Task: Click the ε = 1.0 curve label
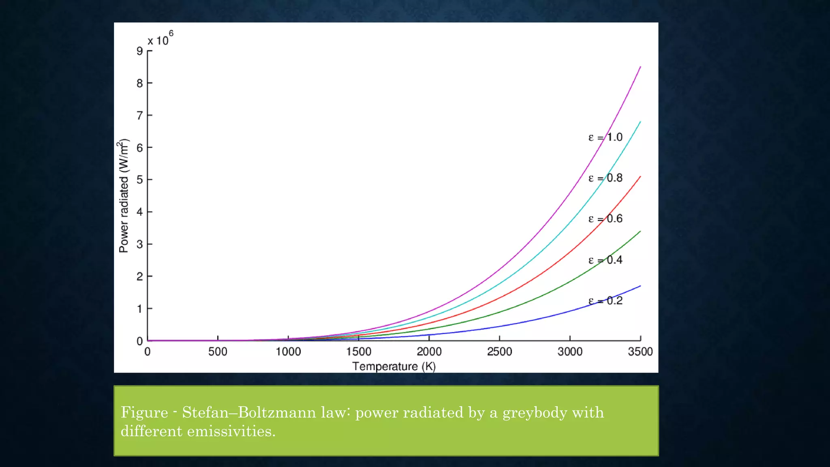(x=605, y=137)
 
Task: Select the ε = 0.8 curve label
(x=605, y=178)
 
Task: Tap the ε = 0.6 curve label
(x=605, y=219)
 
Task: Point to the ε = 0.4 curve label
(x=605, y=260)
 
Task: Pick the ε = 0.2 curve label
(x=605, y=301)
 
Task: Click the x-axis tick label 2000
(x=429, y=351)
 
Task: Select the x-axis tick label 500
(x=218, y=351)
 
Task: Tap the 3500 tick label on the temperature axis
(x=640, y=351)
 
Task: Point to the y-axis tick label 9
(x=140, y=51)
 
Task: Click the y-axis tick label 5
(x=140, y=180)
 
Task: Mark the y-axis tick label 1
(x=140, y=309)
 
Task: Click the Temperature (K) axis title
(x=394, y=366)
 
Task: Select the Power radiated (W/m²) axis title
(x=124, y=196)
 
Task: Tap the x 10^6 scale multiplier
(x=160, y=39)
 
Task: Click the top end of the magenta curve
(x=640, y=67)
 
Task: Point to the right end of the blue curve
(x=640, y=286)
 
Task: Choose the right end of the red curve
(x=640, y=177)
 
